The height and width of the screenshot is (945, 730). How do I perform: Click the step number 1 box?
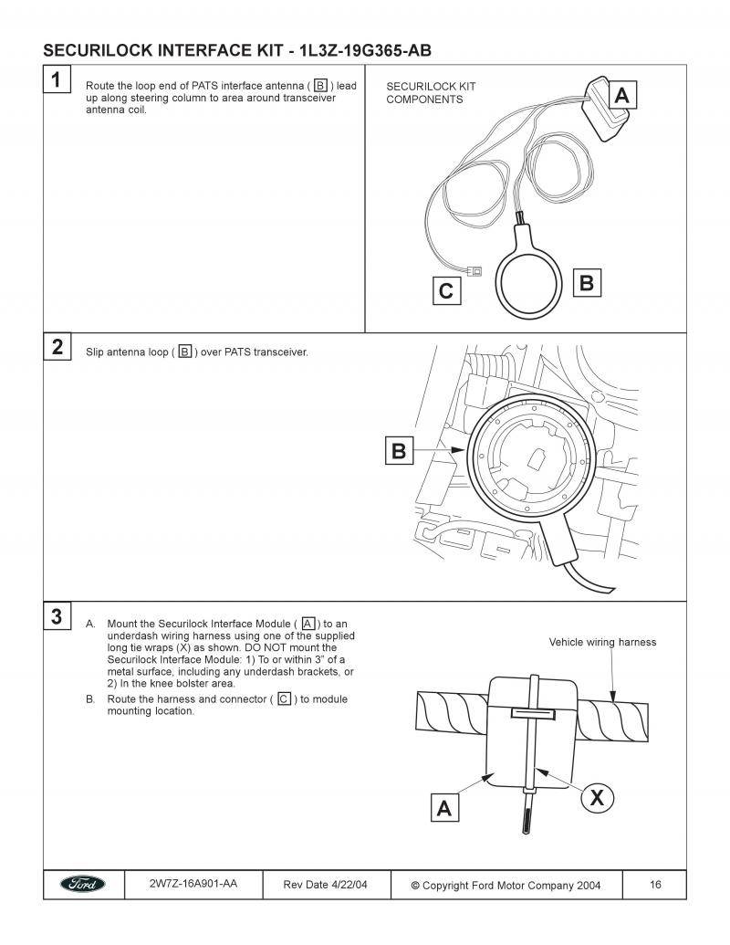57,80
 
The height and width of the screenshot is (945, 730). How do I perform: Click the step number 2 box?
57,347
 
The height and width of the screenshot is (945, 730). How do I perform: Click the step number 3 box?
57,616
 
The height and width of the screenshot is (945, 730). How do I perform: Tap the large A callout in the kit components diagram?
620,95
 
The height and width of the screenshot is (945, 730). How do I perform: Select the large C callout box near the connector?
446,291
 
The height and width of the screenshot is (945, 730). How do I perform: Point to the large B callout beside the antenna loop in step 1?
587,283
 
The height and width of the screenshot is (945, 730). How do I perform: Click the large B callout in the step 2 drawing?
399,451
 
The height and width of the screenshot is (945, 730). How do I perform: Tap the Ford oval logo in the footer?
83,885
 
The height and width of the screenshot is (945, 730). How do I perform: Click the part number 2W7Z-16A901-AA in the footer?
193,884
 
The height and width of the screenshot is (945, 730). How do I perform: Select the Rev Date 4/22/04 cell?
324,885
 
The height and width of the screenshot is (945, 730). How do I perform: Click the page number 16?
656,884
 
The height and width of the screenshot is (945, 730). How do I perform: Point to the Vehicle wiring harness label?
602,642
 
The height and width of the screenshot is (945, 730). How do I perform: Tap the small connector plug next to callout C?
475,270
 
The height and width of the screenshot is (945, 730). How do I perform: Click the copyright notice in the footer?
507,885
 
